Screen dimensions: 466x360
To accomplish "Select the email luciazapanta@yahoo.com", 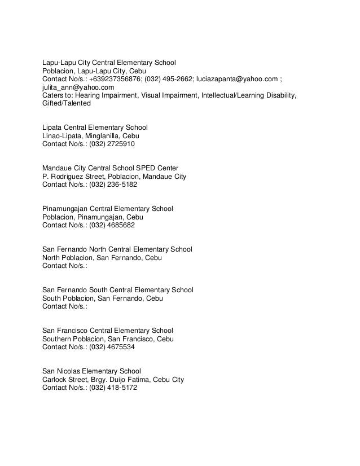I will (232, 80).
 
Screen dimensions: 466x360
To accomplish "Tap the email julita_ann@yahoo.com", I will (78, 88).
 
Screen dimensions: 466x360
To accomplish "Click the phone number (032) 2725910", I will (112, 144).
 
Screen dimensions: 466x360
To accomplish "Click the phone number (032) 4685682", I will (112, 225).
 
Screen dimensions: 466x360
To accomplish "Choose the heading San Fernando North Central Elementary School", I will (117, 249).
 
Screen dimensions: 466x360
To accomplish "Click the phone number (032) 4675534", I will (112, 347).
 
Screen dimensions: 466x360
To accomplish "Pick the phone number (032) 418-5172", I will (113, 388).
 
